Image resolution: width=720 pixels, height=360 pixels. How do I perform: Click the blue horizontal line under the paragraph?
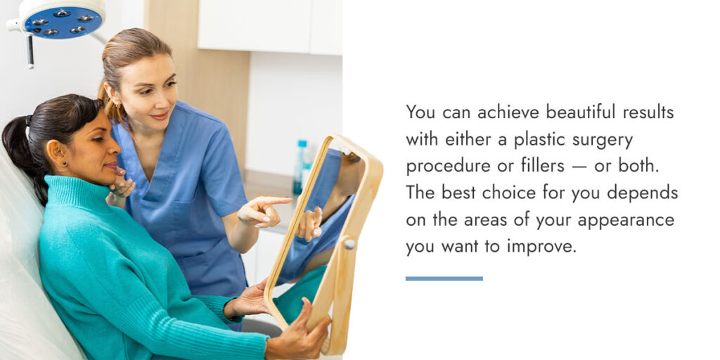pyautogui.click(x=444, y=278)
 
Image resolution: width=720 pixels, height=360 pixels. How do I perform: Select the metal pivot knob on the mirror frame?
pyautogui.click(x=349, y=243)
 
